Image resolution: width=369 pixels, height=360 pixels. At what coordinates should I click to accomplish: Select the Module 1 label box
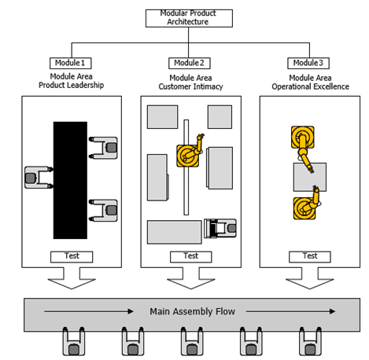pyautogui.click(x=71, y=63)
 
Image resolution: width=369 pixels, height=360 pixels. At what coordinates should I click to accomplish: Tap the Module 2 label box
pyautogui.click(x=190, y=63)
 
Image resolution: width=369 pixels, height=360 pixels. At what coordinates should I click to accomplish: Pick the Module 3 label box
pyautogui.click(x=308, y=63)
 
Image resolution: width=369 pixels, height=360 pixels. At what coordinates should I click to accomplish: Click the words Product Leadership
pyautogui.click(x=71, y=85)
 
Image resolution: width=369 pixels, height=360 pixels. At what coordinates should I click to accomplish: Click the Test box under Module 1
pyautogui.click(x=71, y=256)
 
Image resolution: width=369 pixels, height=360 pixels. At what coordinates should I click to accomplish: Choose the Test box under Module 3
pyautogui.click(x=309, y=256)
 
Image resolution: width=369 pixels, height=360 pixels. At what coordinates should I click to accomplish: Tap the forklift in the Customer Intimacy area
pyautogui.click(x=220, y=228)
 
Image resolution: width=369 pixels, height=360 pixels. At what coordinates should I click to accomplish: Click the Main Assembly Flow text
pyautogui.click(x=192, y=312)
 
